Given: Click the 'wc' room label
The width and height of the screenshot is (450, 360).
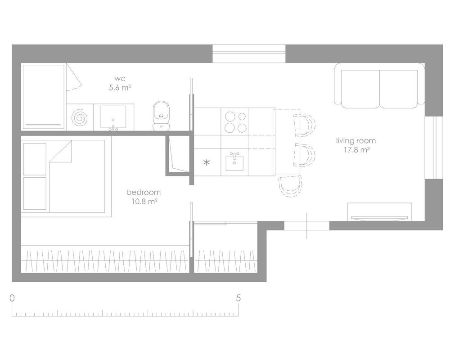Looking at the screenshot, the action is [x=120, y=78].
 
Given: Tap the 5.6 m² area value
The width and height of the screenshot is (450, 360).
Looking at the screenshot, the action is [x=120, y=88].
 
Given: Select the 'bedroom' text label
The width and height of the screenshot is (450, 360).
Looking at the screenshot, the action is [x=144, y=192].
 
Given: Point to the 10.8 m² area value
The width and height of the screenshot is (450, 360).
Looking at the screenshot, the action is [x=144, y=202].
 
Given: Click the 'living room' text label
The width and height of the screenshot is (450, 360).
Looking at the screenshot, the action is [x=356, y=141].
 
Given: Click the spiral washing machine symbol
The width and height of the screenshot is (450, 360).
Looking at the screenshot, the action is [x=80, y=117].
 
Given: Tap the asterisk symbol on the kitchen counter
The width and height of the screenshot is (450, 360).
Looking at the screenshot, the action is [x=207, y=163].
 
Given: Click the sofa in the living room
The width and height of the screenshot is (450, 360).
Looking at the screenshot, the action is [x=379, y=85].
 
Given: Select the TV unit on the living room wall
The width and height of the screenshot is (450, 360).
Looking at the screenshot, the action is [x=379, y=212].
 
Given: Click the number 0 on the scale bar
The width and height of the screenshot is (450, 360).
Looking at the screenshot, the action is [x=12, y=298].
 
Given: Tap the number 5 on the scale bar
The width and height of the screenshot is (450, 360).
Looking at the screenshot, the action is [x=238, y=298].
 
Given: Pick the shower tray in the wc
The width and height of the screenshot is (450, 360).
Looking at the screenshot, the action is [x=43, y=97].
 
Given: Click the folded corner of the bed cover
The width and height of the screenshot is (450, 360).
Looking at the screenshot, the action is [x=61, y=152].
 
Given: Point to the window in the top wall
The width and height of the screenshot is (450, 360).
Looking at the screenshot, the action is [x=249, y=54].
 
